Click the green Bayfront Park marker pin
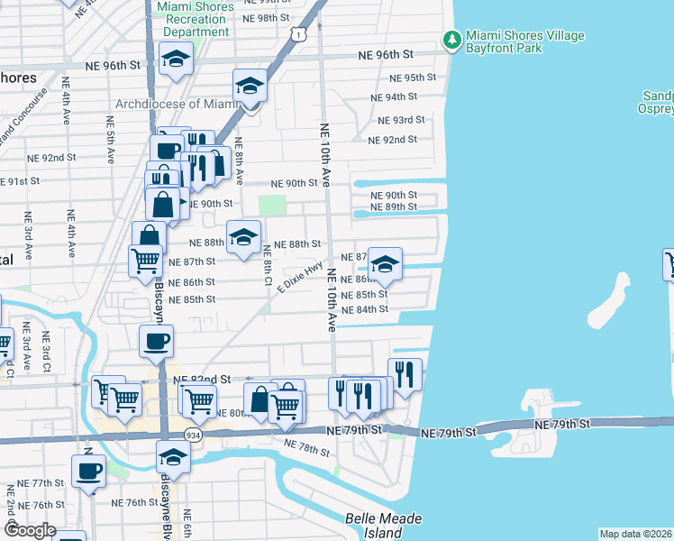coord(451,39)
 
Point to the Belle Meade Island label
coord(372,526)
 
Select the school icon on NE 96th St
coord(177,60)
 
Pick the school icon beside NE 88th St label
coord(243,237)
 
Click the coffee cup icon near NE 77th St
coord(88,471)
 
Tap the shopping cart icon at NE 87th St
coord(145,261)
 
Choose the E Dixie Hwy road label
coord(300,277)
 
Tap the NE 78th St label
coord(305,447)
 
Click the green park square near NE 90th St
coord(272,206)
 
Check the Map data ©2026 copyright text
coord(635,534)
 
